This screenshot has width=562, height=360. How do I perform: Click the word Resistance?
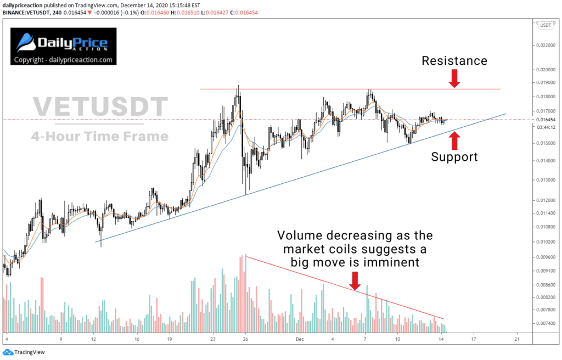pos(454,61)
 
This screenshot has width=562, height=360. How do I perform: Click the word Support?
pos(454,157)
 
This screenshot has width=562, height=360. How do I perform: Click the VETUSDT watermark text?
pos(99,106)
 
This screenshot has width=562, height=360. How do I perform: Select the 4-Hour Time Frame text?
pos(99,136)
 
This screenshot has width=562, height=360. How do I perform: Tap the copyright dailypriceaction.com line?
pos(63,60)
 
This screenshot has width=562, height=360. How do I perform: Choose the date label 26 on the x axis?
pos(246,339)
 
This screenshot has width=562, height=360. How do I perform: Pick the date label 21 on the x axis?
pos(516,339)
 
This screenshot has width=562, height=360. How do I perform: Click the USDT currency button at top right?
pos(546,25)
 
